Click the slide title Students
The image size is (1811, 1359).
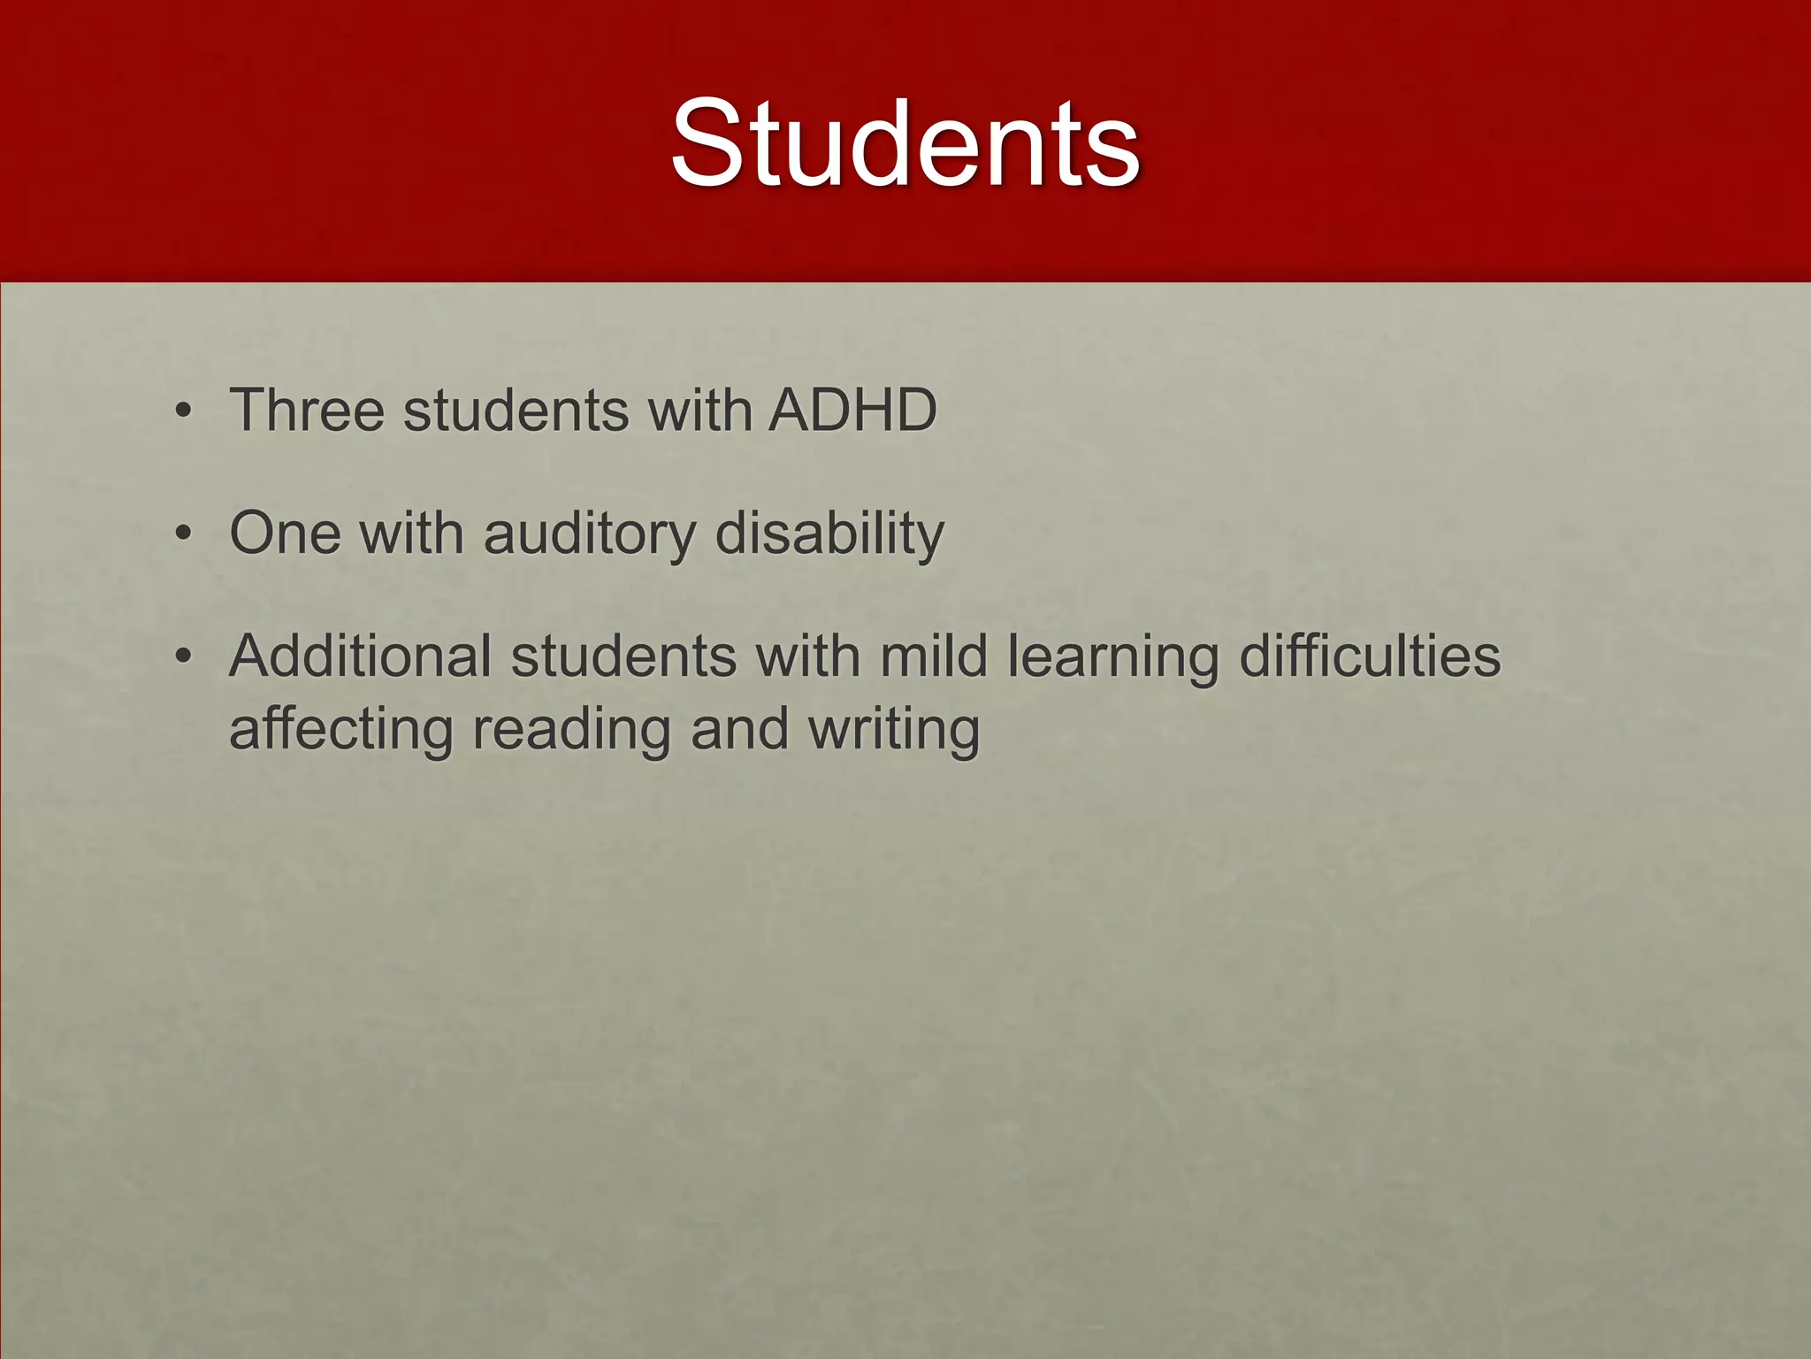coord(905,143)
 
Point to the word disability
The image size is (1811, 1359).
coord(829,534)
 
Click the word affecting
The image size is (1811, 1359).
coord(341,731)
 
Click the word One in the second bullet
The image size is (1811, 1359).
coord(285,534)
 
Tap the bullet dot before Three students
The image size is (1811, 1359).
coord(183,411)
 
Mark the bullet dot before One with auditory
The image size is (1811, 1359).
coord(183,534)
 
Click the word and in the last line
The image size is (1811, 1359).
coord(739,731)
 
